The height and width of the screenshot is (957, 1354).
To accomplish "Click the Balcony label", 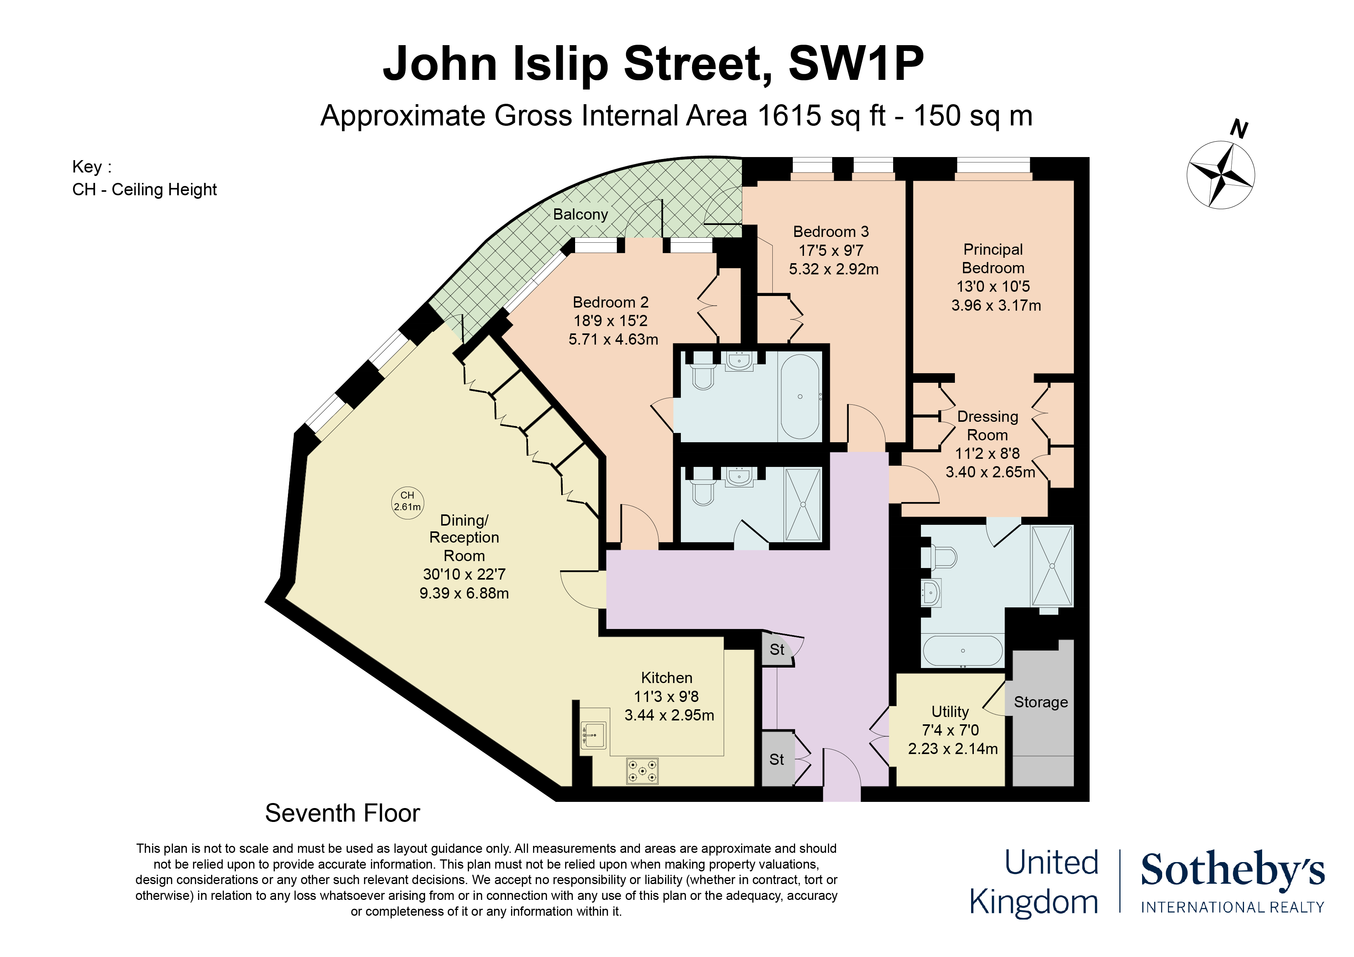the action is (x=580, y=214).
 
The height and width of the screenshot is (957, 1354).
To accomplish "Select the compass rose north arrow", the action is (x=1221, y=174).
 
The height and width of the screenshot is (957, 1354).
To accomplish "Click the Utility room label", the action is (x=950, y=711).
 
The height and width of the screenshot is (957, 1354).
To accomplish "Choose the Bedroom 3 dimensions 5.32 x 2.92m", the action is (x=833, y=269).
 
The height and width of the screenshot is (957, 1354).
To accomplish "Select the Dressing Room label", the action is (x=988, y=426).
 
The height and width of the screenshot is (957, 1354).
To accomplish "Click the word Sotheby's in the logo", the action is (x=1232, y=870).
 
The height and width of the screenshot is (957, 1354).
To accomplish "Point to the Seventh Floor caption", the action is (x=343, y=813).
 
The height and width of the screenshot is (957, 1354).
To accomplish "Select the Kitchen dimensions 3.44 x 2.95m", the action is (x=669, y=715).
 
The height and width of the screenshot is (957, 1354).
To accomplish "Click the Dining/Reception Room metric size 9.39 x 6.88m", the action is (x=464, y=593).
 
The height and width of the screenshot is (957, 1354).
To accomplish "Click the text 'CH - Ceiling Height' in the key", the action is (x=144, y=189).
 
